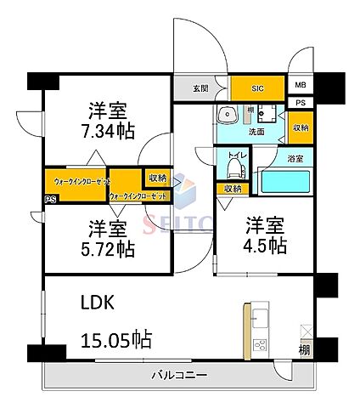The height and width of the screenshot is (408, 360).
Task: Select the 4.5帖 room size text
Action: pyautogui.click(x=266, y=245)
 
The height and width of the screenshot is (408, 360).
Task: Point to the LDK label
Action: pyautogui.click(x=98, y=303)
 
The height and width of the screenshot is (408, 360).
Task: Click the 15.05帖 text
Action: pyautogui.click(x=116, y=341)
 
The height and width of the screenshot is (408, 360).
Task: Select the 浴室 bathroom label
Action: pyautogui.click(x=295, y=158)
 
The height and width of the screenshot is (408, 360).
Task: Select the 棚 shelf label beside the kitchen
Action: pyautogui.click(x=303, y=349)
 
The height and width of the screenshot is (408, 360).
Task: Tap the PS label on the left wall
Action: pyautogui.click(x=49, y=201)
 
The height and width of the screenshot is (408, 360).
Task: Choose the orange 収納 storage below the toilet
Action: pyautogui.click(x=231, y=189)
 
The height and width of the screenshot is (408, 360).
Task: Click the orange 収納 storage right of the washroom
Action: pyautogui.click(x=301, y=127)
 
